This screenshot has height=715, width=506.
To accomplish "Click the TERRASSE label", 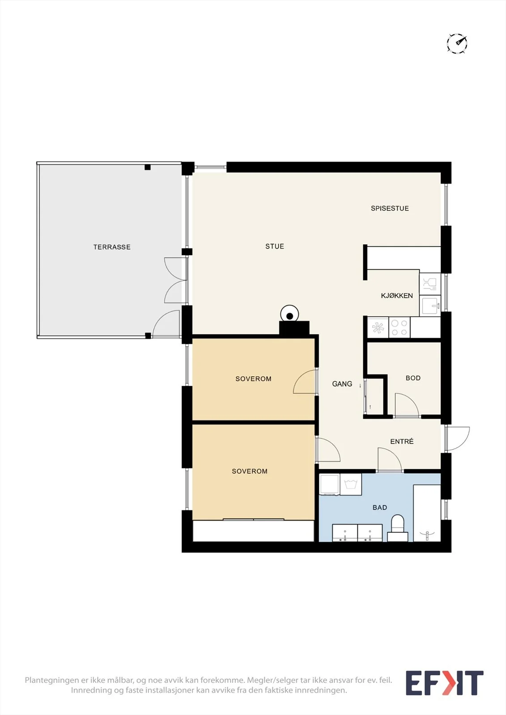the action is (112, 247).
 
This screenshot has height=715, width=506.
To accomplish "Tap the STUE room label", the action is (275, 246).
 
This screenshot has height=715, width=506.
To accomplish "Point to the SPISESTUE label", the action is (390, 208).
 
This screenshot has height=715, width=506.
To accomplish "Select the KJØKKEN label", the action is (397, 295).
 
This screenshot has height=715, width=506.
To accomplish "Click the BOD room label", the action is (413, 378).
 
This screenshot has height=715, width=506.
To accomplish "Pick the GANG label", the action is (342, 384).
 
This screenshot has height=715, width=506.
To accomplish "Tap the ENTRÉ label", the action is (402, 441).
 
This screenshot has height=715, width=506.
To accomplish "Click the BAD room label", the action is (380, 507).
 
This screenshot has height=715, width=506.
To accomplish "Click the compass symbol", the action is (457, 43).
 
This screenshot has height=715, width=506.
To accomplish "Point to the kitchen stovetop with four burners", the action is (400, 328).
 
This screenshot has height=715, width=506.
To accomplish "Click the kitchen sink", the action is (430, 306).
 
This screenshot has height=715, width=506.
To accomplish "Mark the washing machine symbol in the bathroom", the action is (351, 484).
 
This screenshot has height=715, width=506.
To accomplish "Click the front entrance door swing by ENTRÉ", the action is (457, 438).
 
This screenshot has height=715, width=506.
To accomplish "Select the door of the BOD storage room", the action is (407, 405).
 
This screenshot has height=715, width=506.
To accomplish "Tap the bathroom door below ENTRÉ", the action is (390, 459).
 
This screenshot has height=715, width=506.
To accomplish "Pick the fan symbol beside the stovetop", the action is (378, 328).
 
